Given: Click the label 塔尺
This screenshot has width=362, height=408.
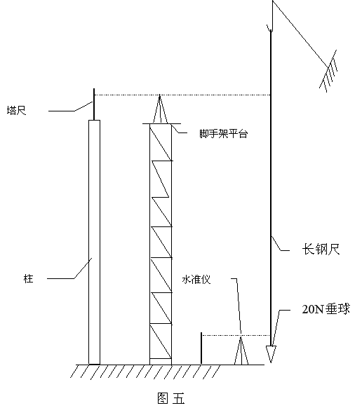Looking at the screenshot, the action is (16, 110).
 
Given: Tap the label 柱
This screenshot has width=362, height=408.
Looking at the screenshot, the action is (28, 279).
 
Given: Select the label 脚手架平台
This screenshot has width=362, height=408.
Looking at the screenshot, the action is (223, 134).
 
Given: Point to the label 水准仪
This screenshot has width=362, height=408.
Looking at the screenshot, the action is (196, 280).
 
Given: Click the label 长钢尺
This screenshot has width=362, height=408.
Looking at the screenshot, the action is (321, 250).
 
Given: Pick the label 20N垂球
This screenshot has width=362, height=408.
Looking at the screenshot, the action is (326, 309).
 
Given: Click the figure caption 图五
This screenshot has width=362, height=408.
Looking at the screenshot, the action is (171, 398).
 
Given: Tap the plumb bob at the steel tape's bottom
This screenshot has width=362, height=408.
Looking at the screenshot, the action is (271, 354).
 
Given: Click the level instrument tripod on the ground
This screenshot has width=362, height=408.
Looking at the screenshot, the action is (241, 350).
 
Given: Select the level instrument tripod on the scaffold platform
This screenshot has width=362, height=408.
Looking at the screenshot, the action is (160, 109).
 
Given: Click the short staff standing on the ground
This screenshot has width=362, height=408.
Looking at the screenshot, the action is (201, 348).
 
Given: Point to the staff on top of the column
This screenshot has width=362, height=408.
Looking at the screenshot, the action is (94, 104).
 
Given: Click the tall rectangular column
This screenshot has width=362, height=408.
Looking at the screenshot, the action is (94, 242).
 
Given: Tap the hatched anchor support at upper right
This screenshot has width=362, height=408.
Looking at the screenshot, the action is (328, 71).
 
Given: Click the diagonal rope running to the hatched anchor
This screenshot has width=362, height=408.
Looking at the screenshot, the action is (300, 34).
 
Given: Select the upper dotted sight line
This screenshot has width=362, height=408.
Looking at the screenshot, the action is (182, 95).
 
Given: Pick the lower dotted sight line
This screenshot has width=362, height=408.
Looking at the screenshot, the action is (236, 335).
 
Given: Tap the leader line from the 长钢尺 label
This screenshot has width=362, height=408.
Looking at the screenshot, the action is (280, 244).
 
